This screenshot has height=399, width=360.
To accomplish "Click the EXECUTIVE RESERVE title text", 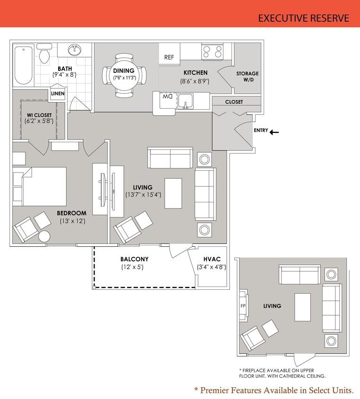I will (x=303, y=18).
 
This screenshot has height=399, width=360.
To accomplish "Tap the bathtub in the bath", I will (x=23, y=65).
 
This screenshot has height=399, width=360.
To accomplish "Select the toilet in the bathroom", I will (x=45, y=53).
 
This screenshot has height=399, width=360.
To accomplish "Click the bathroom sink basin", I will (x=75, y=50).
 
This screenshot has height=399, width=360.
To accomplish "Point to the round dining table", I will (x=124, y=75).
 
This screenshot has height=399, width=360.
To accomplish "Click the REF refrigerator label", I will (x=169, y=57).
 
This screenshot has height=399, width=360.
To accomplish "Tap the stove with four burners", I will (x=212, y=51).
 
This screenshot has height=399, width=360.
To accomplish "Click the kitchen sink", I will (x=185, y=101).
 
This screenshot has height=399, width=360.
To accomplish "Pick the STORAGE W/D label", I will (x=247, y=77).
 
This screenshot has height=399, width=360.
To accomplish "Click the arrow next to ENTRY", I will (x=274, y=132).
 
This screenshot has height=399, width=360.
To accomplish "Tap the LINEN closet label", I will (x=58, y=94).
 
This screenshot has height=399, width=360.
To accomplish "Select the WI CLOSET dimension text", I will (x=39, y=121).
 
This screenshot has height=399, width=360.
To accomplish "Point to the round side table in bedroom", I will (x=44, y=236).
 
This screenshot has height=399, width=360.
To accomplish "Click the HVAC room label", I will (x=211, y=259).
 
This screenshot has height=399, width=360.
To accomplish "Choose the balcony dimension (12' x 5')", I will (x=132, y=267).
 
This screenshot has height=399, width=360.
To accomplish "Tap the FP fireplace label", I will (x=243, y=306).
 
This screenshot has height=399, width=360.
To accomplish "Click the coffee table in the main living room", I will (x=173, y=193).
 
